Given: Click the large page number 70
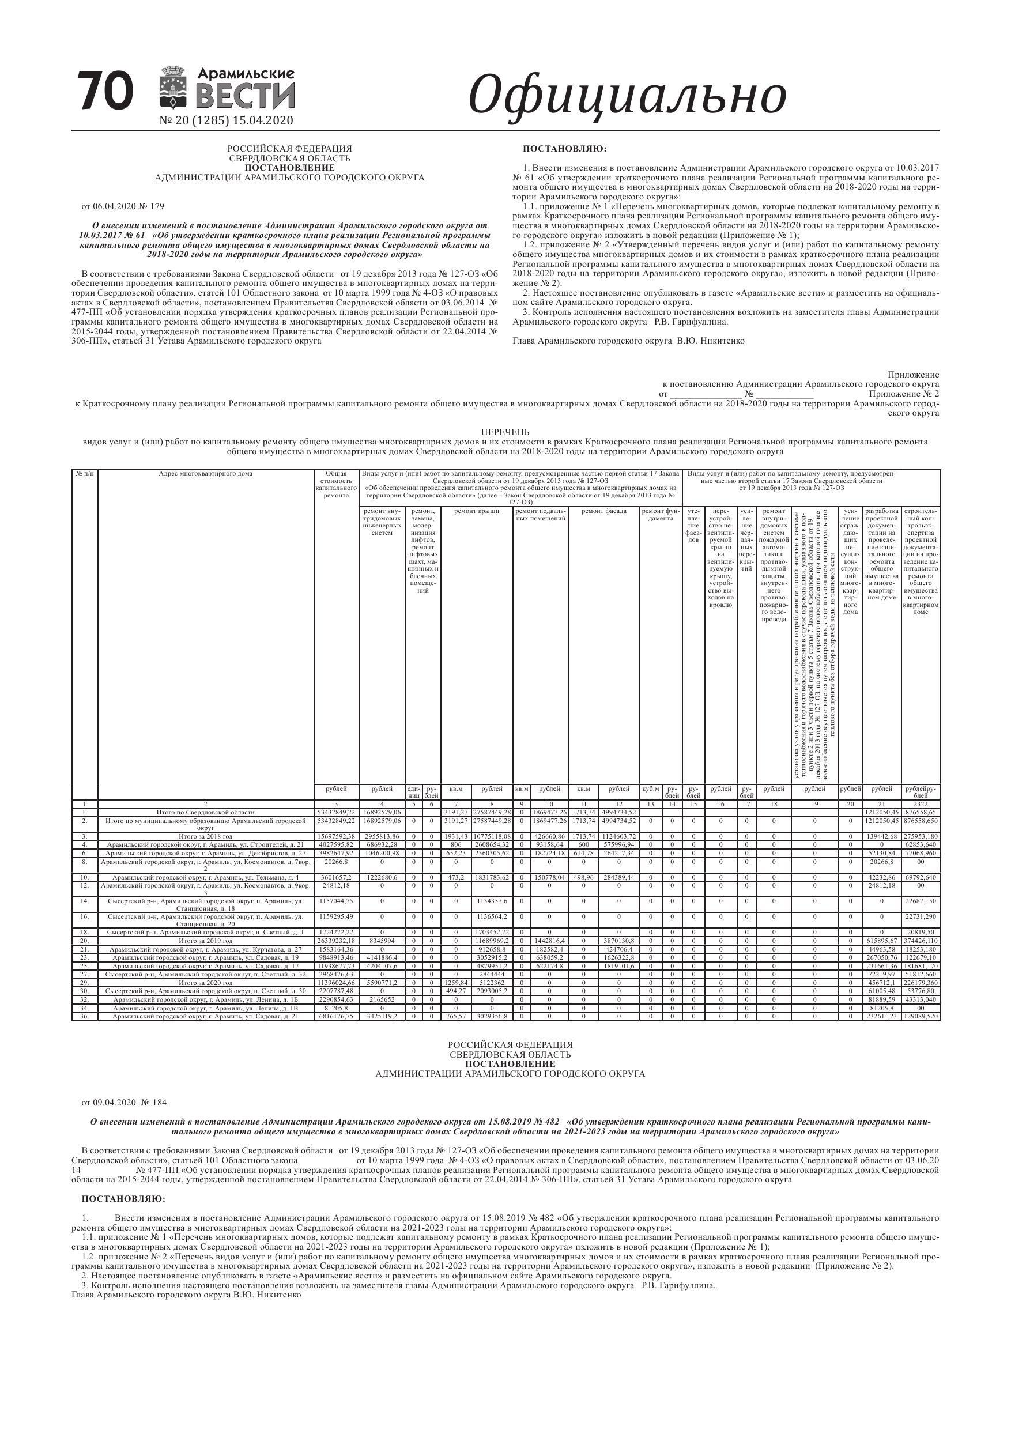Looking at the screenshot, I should click(x=105, y=92).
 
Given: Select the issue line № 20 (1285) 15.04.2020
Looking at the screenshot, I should click(x=226, y=121).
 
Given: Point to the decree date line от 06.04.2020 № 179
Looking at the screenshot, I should click(x=123, y=206).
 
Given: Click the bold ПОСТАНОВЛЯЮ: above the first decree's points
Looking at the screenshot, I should click(x=564, y=149).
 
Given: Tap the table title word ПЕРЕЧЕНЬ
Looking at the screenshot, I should click(x=505, y=432).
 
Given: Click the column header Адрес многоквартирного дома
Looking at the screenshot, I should click(x=206, y=473).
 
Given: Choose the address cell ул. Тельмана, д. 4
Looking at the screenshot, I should click(x=206, y=878).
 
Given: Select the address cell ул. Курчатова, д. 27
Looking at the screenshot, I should click(x=206, y=949).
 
